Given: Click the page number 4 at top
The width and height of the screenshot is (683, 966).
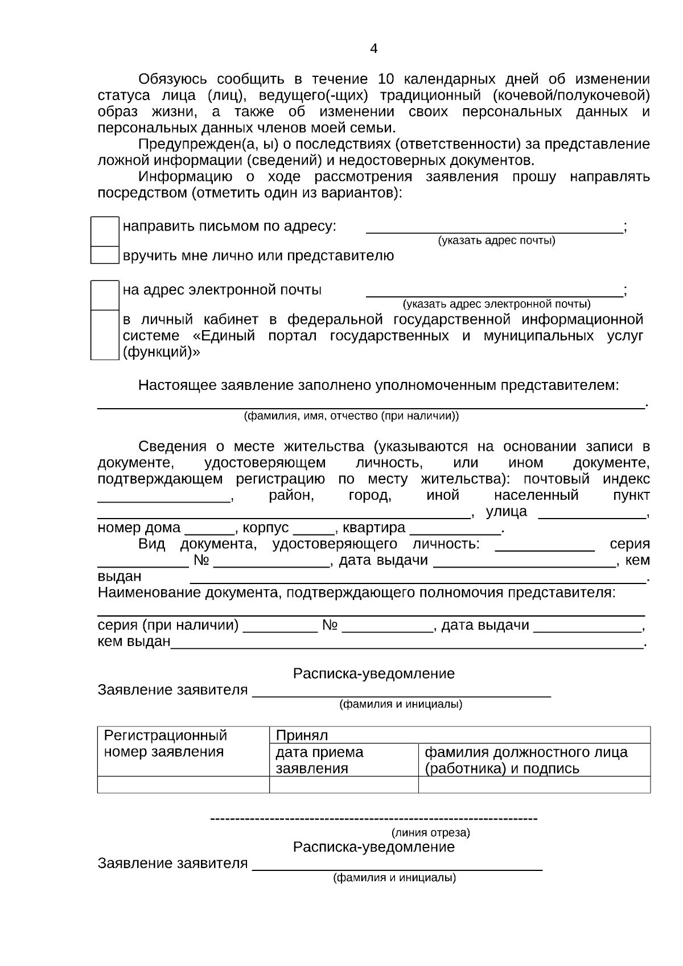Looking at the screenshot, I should click(x=373, y=49).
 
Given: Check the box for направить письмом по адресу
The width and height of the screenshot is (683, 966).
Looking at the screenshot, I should click(x=105, y=231).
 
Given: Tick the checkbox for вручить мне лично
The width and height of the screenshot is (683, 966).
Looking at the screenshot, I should click(x=105, y=255).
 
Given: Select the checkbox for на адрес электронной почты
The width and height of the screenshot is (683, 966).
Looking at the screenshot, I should click(x=105, y=295).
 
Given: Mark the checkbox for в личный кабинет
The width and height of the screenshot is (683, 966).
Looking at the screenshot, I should click(x=105, y=335).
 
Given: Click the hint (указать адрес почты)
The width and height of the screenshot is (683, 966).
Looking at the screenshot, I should click(x=496, y=241).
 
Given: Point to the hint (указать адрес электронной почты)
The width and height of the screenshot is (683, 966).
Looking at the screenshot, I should click(x=496, y=304).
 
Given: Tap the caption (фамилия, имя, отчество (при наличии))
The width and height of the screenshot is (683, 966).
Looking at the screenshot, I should click(x=351, y=416).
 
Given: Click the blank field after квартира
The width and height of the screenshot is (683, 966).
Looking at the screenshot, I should click(x=455, y=529).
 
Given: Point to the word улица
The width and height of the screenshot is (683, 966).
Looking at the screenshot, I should click(x=507, y=512).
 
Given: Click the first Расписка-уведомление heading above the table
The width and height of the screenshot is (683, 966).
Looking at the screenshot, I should click(x=373, y=674).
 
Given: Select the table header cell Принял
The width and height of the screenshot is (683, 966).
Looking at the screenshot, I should click(x=302, y=735).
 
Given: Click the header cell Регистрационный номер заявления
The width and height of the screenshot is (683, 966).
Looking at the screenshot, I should click(x=165, y=743).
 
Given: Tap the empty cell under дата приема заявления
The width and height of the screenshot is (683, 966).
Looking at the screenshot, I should click(x=344, y=785).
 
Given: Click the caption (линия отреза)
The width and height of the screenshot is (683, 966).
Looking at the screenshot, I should click(x=431, y=833).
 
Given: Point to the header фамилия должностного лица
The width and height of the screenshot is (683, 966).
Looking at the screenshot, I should click(x=526, y=753).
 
